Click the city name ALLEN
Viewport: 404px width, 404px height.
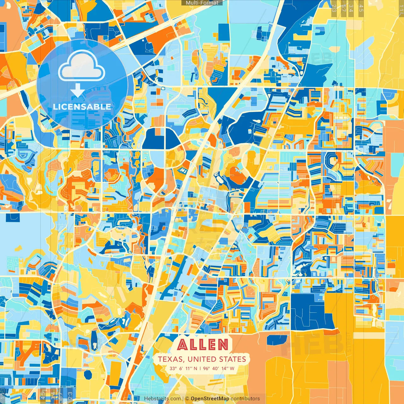tap(203, 345)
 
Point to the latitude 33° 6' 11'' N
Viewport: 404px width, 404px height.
tap(183, 368)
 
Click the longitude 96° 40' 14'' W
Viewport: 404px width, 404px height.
tap(219, 368)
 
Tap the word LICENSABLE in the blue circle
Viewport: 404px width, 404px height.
tap(82, 107)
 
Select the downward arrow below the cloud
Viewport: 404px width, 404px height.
tap(77, 91)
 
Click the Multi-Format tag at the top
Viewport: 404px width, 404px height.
tap(202, 3)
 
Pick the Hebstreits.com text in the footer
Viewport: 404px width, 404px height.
tap(163, 399)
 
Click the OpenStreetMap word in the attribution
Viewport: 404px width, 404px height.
tap(210, 399)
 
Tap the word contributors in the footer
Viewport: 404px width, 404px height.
tap(245, 399)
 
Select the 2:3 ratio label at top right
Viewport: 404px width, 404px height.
tap(334, 8)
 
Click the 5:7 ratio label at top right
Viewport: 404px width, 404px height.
tap(343, 8)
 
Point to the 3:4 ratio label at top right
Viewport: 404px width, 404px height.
tap(351, 8)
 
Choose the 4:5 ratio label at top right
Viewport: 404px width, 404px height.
tap(361, 8)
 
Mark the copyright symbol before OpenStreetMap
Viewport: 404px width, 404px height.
tap(187, 399)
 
